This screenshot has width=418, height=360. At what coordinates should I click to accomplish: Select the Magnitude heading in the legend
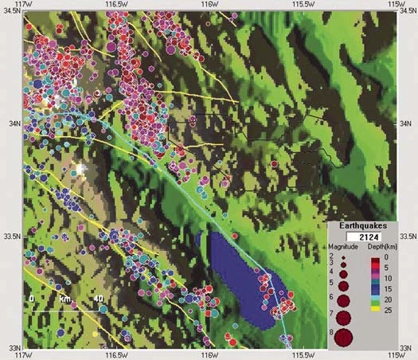pyautogui.click(x=345, y=248)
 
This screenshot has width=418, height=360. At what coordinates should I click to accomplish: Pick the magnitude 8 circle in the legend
pyautogui.click(x=344, y=337)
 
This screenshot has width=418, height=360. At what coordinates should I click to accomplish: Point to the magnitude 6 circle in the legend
pyautogui.click(x=344, y=300)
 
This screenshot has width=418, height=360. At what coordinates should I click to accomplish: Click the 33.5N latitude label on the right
pyautogui.click(x=407, y=237)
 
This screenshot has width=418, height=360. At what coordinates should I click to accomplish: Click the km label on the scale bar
pyautogui.click(x=65, y=299)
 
